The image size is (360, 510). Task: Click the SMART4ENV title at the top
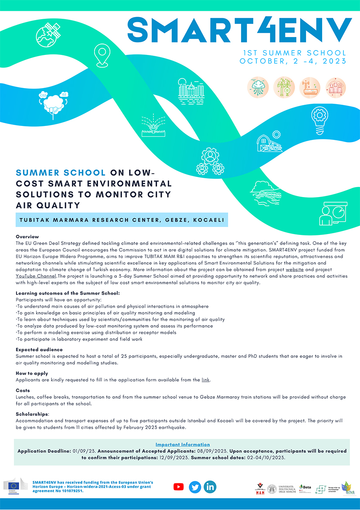[x=239, y=31]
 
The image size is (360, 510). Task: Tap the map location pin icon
[x=102, y=56]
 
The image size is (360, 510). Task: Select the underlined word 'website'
[x=295, y=270]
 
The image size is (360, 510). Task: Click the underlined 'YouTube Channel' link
[x=36, y=276]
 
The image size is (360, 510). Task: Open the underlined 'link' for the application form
[x=206, y=380]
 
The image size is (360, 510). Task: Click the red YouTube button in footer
[x=179, y=487]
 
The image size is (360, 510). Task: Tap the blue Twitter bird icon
[x=195, y=487]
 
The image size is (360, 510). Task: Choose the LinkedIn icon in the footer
[x=210, y=487]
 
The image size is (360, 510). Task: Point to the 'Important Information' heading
[x=183, y=444]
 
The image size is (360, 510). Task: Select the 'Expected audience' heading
[x=39, y=350]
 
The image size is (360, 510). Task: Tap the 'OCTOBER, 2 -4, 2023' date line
[x=293, y=61]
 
